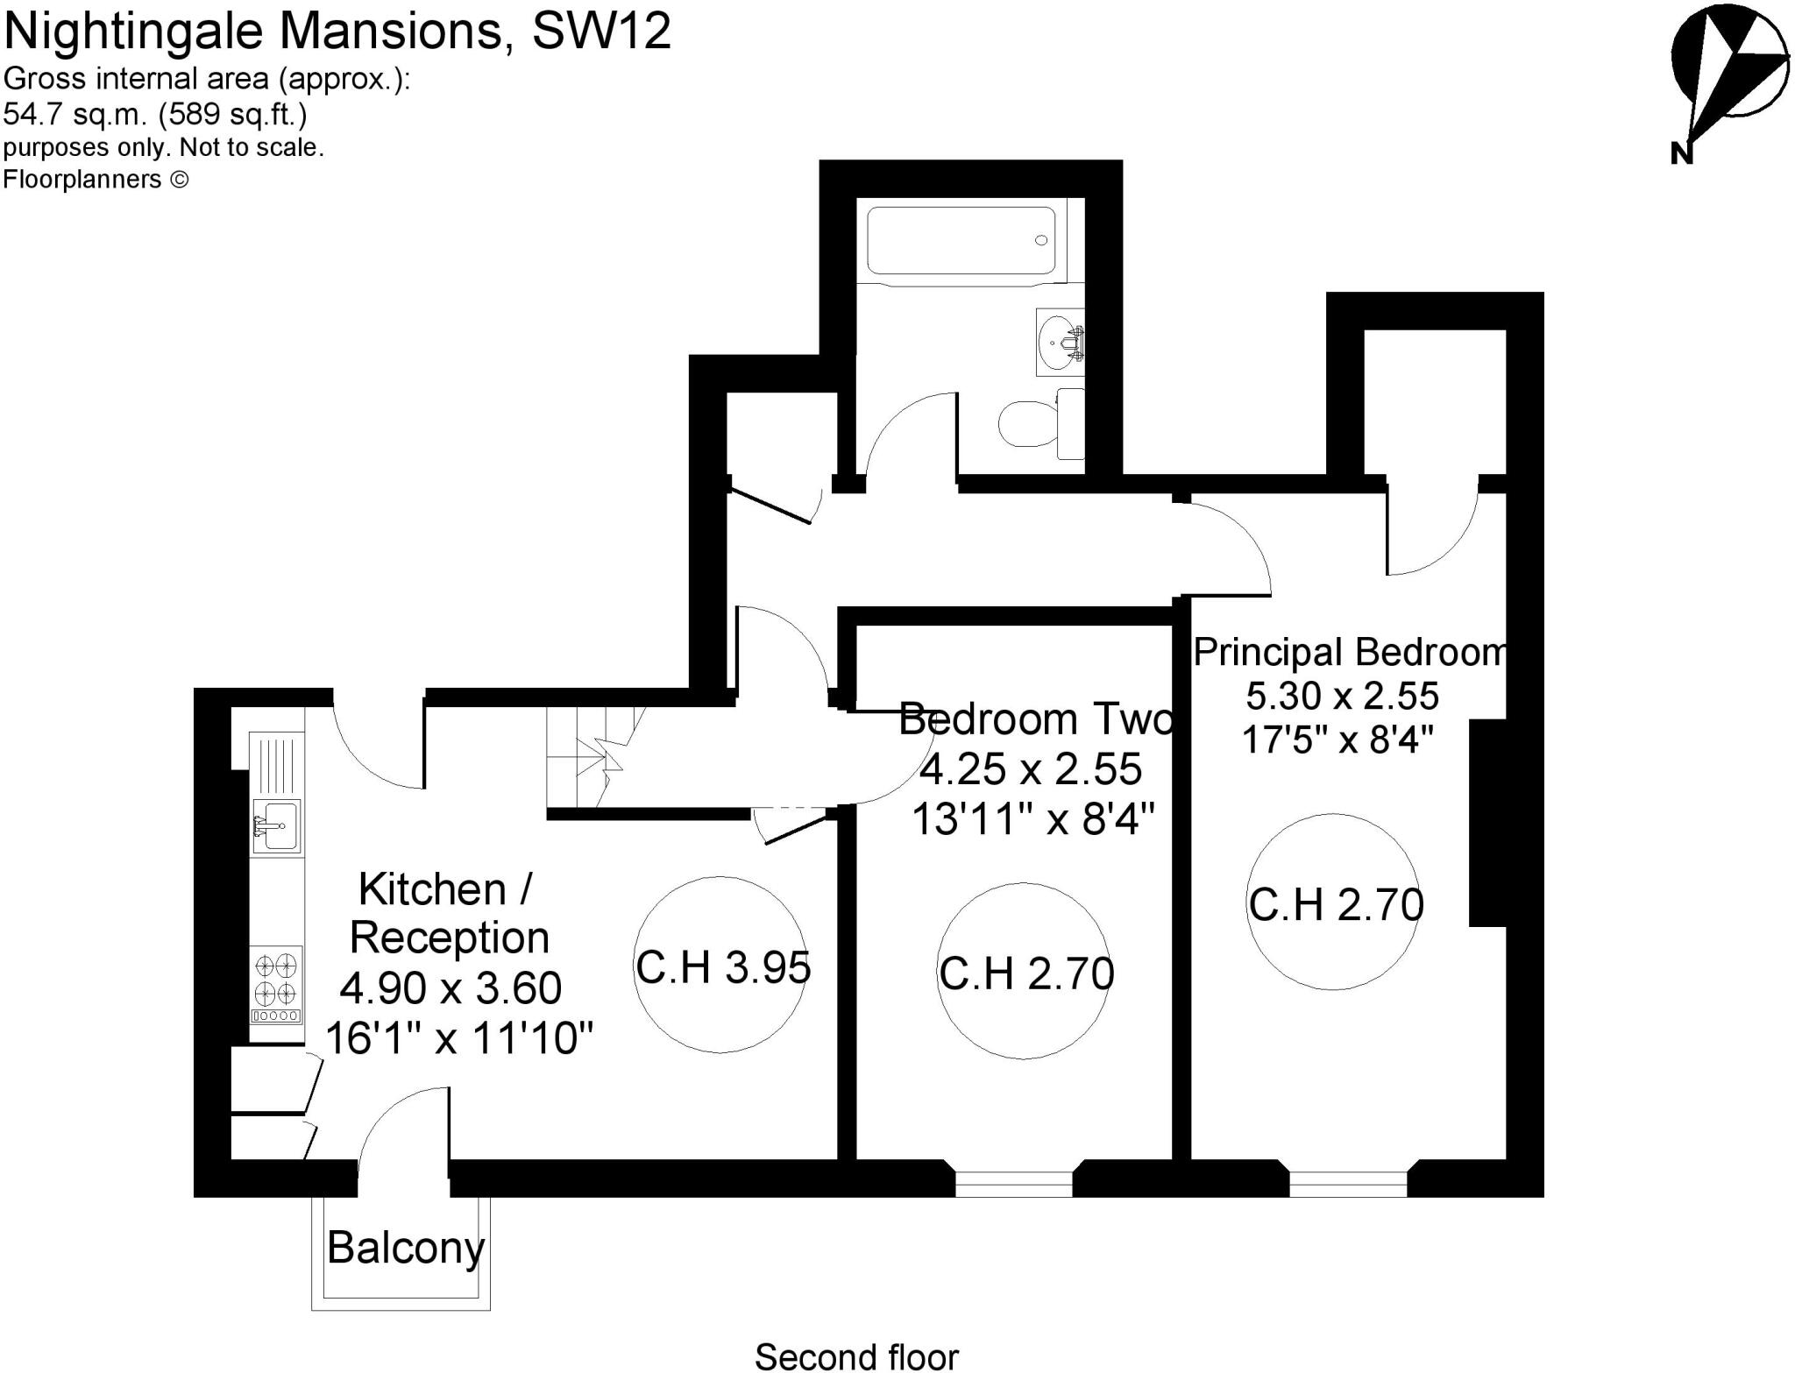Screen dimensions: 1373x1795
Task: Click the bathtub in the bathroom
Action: (x=961, y=241)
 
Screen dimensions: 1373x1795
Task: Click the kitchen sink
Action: (x=276, y=825)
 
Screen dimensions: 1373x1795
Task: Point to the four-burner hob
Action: (x=277, y=979)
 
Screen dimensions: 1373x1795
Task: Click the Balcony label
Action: (x=405, y=1247)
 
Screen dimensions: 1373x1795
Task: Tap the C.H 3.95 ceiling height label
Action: (x=722, y=967)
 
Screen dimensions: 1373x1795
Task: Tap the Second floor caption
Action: (x=856, y=1356)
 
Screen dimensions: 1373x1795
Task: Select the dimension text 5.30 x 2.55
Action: (x=1342, y=697)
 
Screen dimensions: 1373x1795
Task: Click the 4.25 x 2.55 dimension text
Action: (x=1030, y=769)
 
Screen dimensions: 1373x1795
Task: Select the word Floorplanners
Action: (x=82, y=180)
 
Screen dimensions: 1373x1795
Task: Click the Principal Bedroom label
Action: (x=1350, y=653)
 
